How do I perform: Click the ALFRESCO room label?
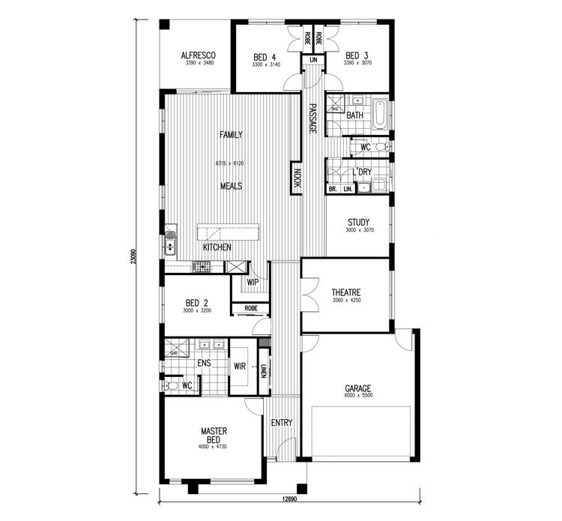coord(199,55)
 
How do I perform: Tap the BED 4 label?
coord(265,57)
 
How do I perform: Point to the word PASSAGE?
coord(312,119)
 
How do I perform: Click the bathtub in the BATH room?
coord(380,115)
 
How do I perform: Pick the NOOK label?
coord(297,178)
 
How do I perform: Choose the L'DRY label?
coord(363,172)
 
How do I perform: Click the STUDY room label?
coord(358,222)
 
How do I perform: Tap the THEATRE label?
coord(346,292)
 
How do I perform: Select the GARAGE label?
coord(357,388)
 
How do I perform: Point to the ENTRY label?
coord(282,423)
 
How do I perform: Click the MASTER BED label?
coord(214,436)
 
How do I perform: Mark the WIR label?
coord(240,367)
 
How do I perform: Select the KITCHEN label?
coord(217,247)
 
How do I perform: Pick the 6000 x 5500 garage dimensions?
coord(357,396)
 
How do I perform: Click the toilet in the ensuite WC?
coord(172,385)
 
